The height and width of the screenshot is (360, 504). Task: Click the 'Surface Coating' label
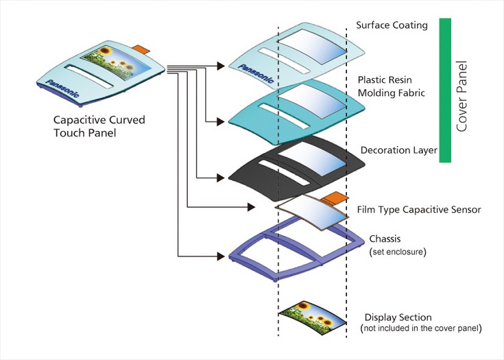(x=392, y=26)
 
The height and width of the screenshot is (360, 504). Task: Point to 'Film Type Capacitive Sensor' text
(x=419, y=209)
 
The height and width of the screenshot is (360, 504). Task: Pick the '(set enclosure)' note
(x=398, y=252)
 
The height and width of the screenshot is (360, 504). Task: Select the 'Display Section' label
(x=398, y=317)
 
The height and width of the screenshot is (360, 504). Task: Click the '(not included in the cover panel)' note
(x=422, y=329)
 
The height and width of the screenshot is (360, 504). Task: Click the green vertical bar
(x=444, y=90)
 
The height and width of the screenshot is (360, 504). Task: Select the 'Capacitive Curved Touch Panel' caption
(x=99, y=126)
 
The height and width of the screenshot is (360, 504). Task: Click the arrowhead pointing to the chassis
(x=221, y=256)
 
